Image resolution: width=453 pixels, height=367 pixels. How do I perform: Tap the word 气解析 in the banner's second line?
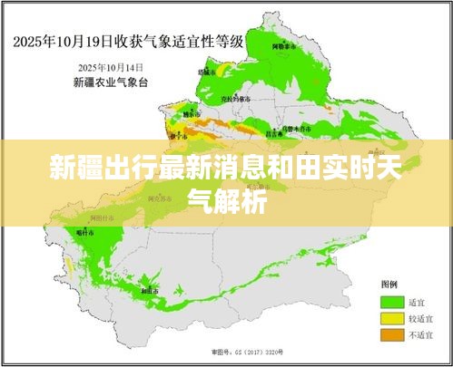tap(226, 200)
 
